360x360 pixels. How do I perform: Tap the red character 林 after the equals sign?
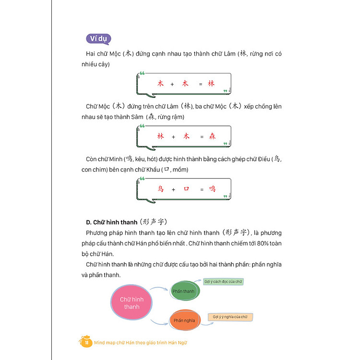[211, 84]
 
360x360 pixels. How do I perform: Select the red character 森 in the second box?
[212, 136]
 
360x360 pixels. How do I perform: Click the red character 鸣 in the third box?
[212, 189]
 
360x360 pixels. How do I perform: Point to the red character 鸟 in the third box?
[160, 189]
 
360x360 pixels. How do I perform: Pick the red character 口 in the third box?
[186, 189]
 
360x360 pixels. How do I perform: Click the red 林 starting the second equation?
[160, 136]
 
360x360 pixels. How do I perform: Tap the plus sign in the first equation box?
[172, 84]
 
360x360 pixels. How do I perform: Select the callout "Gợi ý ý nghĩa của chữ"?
[230, 317]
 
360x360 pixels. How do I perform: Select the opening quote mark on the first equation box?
[142, 74]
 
